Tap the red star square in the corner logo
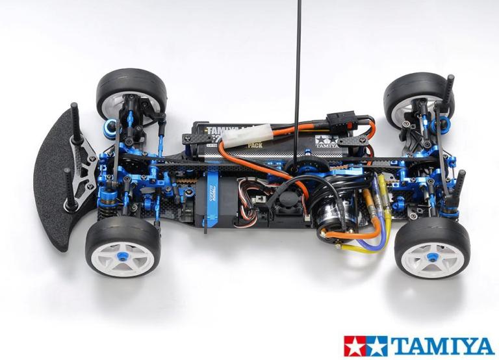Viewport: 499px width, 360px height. (355, 346)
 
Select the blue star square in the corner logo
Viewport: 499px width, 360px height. (376, 346)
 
